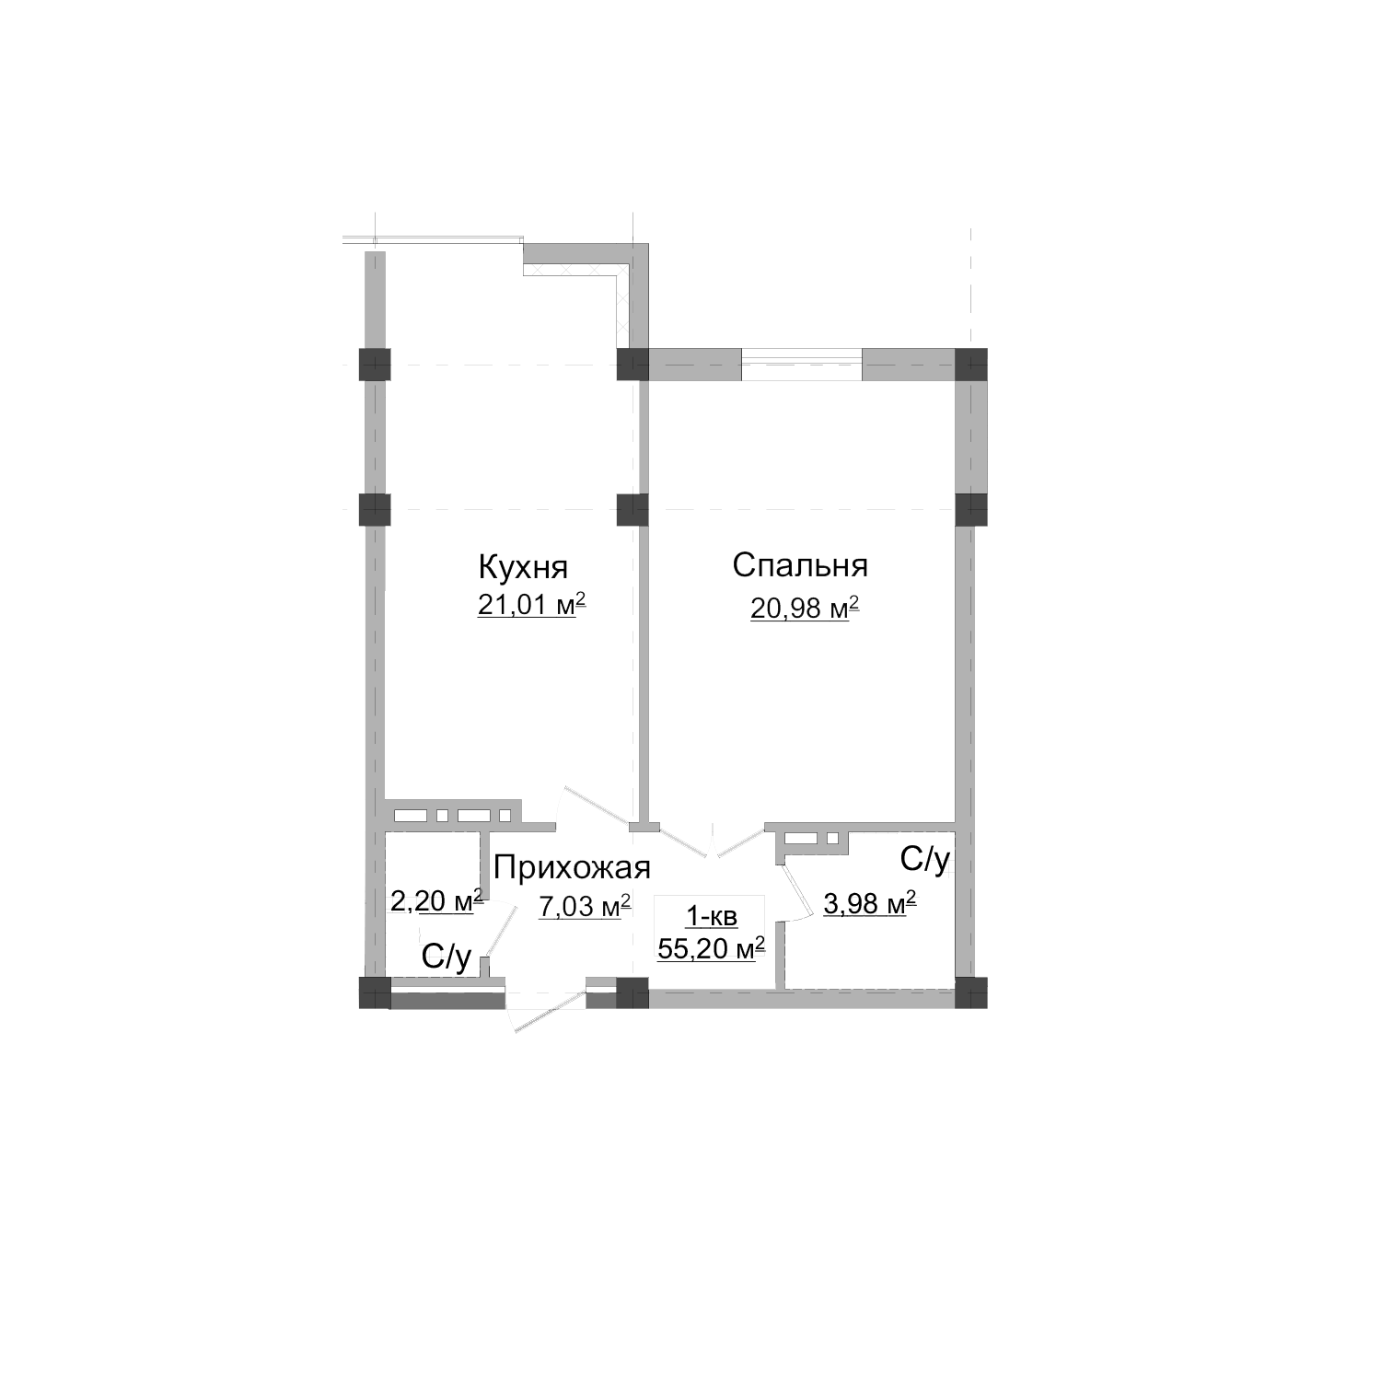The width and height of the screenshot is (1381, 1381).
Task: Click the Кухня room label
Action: coord(522,564)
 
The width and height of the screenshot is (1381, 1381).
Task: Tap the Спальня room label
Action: coord(800,564)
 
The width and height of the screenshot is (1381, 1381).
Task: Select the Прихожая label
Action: coord(572,866)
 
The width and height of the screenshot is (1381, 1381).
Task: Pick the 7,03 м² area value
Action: coord(585,907)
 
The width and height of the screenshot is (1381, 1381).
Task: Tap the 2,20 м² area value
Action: coord(436,900)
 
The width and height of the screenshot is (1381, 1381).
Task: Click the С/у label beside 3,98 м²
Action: coord(923,859)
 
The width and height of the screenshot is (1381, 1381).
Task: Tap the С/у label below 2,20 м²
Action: coord(447,957)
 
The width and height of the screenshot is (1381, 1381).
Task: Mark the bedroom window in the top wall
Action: coord(801,365)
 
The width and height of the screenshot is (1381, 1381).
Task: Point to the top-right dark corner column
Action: coord(970,364)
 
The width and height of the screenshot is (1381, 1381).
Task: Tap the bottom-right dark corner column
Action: coord(970,993)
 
